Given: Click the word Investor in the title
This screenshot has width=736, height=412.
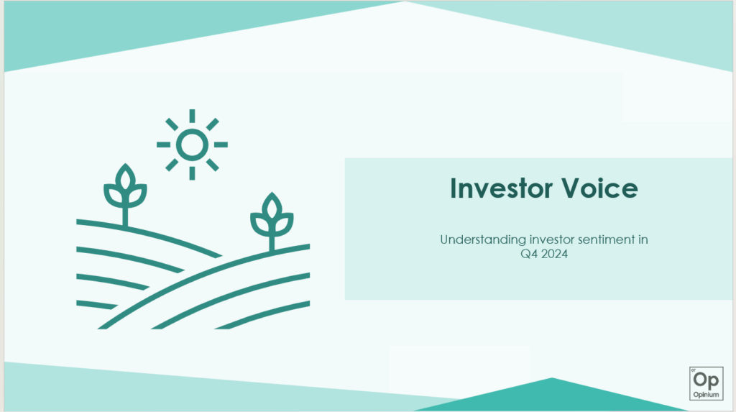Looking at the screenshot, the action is (x=501, y=188).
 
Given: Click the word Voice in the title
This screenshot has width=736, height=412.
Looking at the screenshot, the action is (x=600, y=188).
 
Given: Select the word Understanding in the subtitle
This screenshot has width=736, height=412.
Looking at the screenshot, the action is (x=483, y=239).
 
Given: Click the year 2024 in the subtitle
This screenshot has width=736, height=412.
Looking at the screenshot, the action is (x=554, y=254).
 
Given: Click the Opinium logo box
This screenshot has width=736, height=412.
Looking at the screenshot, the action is (x=706, y=383).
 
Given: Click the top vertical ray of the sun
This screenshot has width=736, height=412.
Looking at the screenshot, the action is (x=192, y=116).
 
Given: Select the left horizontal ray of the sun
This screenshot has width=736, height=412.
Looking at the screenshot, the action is (x=163, y=145).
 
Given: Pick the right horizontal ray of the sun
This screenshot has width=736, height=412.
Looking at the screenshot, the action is (x=221, y=145).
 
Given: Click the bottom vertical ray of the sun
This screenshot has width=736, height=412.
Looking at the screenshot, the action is (x=192, y=173).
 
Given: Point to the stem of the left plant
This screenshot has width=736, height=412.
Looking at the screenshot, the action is (x=125, y=216).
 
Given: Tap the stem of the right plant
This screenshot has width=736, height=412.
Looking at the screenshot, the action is (x=272, y=243).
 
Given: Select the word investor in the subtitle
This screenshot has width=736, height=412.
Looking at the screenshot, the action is (x=551, y=239).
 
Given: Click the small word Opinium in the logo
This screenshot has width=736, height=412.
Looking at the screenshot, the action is (x=706, y=395).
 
